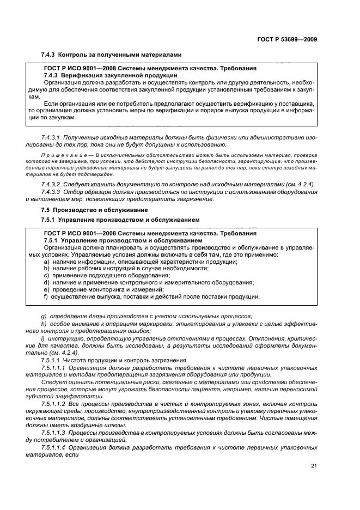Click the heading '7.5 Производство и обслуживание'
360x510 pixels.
pos(93,210)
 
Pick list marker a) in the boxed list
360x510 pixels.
pos(46,262)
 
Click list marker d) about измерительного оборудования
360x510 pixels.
pos(46,282)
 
